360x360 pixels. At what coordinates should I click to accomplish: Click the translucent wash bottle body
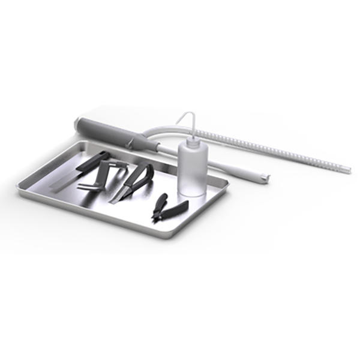tap(193, 171)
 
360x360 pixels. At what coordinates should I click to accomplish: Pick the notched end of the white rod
tap(264, 178)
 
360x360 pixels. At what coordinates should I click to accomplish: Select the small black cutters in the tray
tap(168, 208)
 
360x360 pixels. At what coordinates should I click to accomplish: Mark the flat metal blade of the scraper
tap(63, 182)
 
